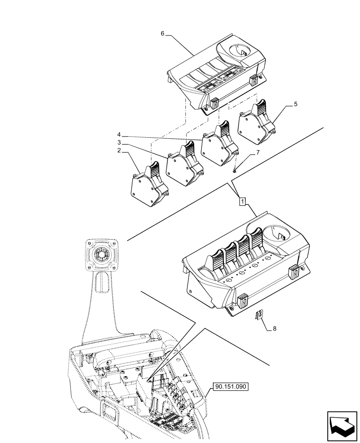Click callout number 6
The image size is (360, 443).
162,33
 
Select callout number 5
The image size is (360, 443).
295,105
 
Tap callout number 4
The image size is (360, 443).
119,134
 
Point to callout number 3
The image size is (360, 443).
119,143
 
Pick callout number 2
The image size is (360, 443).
119,151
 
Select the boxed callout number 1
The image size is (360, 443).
242,202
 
